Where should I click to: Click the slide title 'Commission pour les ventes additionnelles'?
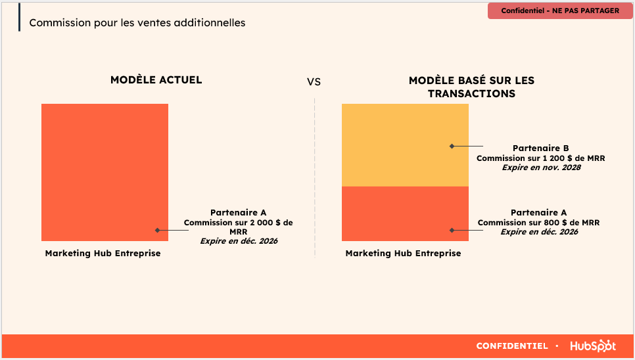click(137, 22)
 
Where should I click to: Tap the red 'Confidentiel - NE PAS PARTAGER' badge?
click(560, 11)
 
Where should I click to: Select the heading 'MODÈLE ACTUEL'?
click(156, 79)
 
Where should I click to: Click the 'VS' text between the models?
click(314, 82)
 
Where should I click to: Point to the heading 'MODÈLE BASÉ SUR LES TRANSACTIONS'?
click(471, 87)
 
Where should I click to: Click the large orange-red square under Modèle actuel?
click(105, 172)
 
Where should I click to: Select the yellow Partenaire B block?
click(405, 145)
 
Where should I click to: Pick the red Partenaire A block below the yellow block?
click(405, 214)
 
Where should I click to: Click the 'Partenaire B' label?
click(540, 148)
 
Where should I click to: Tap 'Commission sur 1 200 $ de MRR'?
click(540, 158)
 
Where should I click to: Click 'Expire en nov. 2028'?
click(542, 168)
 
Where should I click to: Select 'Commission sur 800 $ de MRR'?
click(538, 223)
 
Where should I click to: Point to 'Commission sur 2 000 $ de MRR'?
click(238, 227)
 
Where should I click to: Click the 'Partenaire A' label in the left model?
click(238, 212)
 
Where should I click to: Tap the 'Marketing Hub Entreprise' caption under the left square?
click(103, 253)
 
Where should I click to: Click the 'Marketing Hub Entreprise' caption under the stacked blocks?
click(404, 253)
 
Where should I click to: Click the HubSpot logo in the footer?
click(593, 346)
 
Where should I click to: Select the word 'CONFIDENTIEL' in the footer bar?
click(512, 346)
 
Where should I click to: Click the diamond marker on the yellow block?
click(452, 146)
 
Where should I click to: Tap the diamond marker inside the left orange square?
click(157, 230)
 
